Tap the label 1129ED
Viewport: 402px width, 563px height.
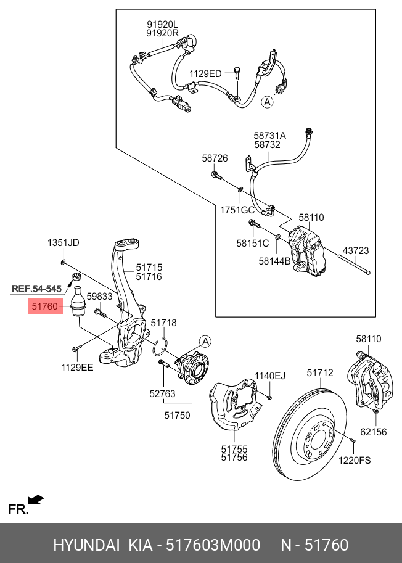point(205,74)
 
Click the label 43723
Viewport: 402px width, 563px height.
point(356,251)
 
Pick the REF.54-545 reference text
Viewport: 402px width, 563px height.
point(37,289)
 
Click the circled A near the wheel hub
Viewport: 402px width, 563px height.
point(205,341)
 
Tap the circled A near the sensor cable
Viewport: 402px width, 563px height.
point(267,102)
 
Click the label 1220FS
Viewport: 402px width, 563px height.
point(353,461)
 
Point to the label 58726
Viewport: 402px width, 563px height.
point(215,158)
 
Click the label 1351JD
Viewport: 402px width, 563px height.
point(64,243)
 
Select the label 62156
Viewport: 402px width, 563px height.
point(374,432)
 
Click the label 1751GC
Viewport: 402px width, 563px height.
point(237,210)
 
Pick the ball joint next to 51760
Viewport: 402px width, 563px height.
point(78,301)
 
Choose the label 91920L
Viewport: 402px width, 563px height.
point(163,25)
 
